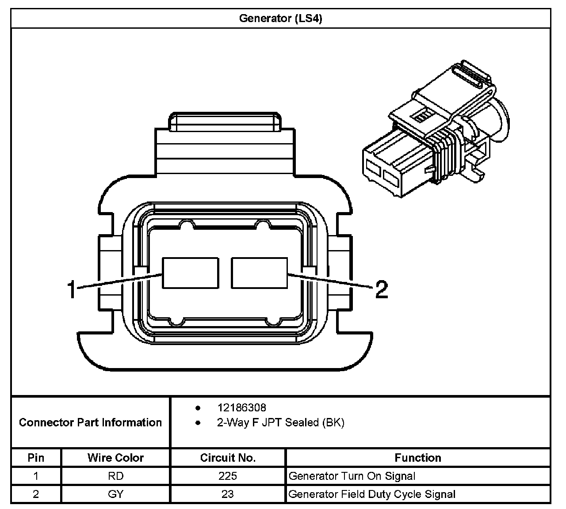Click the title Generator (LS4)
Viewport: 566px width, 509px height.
pyautogui.click(x=280, y=19)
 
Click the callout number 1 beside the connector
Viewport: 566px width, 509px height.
pyautogui.click(x=72, y=290)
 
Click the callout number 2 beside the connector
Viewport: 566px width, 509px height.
pyautogui.click(x=381, y=290)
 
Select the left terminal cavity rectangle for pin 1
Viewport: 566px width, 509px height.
pyautogui.click(x=190, y=273)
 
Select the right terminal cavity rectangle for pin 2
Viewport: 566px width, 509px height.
pyautogui.click(x=259, y=273)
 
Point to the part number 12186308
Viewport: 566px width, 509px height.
pyautogui.click(x=241, y=407)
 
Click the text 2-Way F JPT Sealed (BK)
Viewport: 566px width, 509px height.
pyautogui.click(x=280, y=422)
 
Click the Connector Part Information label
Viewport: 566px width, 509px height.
pyautogui.click(x=90, y=422)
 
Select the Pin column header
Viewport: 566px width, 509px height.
pyautogui.click(x=36, y=458)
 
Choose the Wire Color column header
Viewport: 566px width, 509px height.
pyautogui.click(x=115, y=458)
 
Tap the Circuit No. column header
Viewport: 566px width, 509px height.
pyautogui.click(x=228, y=458)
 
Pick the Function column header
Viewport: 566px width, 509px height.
pyautogui.click(x=418, y=458)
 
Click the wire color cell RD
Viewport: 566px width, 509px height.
pyautogui.click(x=115, y=476)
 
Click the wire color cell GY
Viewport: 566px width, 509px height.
pyautogui.click(x=115, y=494)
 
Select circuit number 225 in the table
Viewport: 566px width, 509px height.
pyautogui.click(x=228, y=476)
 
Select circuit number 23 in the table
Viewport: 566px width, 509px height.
pyautogui.click(x=228, y=494)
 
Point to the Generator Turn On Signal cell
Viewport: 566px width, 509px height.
pyautogui.click(x=352, y=476)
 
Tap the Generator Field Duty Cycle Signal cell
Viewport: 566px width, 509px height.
pyautogui.click(x=372, y=494)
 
